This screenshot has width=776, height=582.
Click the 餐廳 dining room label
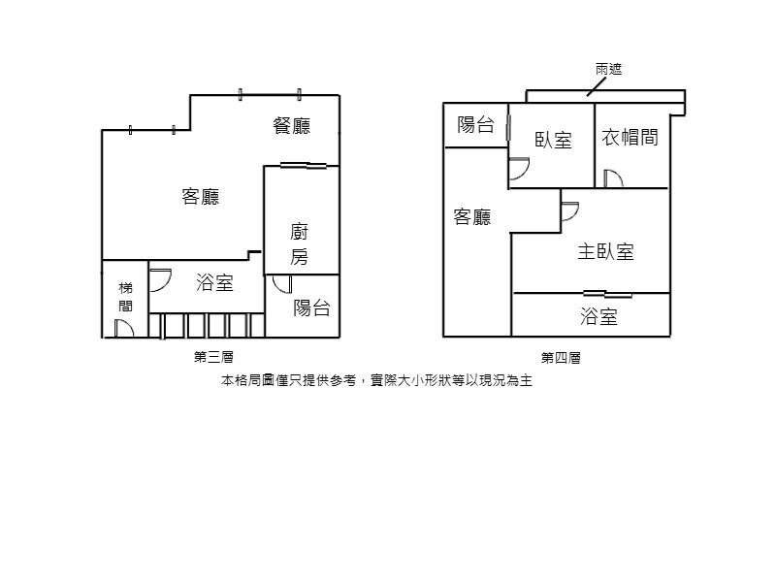pos(292,126)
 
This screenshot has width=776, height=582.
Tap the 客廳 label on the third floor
pos(201,197)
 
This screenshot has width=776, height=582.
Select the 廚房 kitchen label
pos(300,244)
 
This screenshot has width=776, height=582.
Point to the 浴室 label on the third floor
pos(214,282)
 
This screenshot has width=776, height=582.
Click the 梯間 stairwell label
pos(126,297)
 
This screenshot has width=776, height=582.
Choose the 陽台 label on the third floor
pos(311,307)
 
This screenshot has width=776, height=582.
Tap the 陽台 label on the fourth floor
pos(475,125)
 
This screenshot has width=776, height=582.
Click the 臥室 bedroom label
pos(553,140)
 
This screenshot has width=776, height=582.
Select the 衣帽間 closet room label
pos(630,137)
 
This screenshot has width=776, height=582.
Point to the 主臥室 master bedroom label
pos(605,251)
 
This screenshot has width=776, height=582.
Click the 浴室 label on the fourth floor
pos(598,316)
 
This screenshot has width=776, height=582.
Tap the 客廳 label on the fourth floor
pos(472,216)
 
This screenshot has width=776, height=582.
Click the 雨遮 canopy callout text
pos(609,69)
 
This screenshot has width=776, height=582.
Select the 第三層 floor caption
pos(213,357)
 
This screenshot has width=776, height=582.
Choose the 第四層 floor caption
pos(561,357)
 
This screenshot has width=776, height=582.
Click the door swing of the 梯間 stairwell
pos(124,329)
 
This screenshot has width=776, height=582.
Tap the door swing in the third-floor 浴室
pos(160,280)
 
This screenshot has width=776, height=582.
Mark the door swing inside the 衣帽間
pos(613,178)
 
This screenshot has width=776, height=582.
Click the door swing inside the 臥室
pos(519,169)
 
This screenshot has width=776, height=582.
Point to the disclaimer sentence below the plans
pos(376,380)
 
